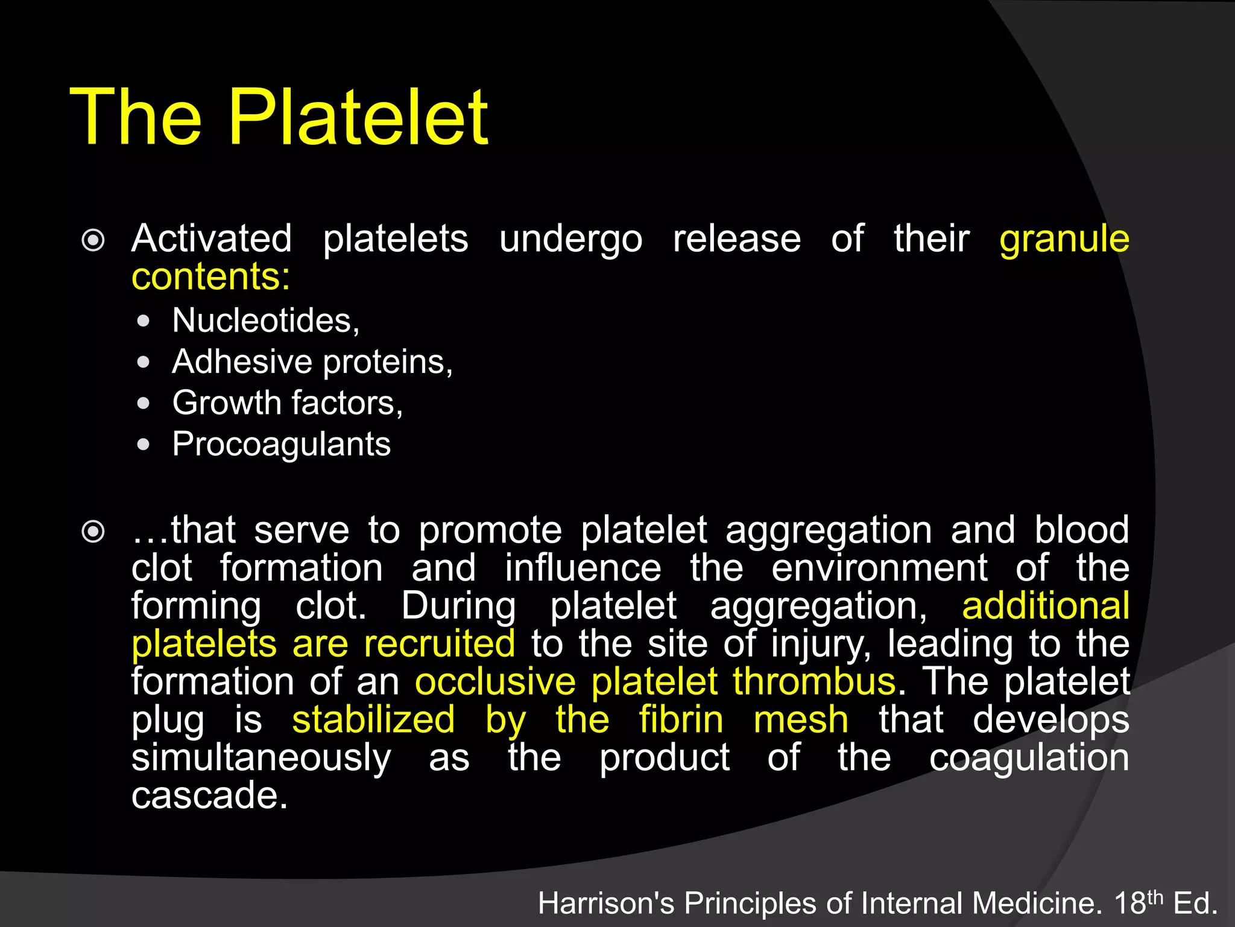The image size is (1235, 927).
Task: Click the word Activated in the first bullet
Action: point(212,238)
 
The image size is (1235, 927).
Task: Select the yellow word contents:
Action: point(210,276)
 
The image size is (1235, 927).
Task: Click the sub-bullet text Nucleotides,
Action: point(265,320)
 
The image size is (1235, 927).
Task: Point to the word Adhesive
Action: point(241,362)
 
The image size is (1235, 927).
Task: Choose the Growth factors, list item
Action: point(287,403)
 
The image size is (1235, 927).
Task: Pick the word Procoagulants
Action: point(281,445)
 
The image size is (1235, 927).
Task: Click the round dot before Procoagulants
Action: point(143,445)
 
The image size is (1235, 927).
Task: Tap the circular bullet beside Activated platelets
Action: point(93,241)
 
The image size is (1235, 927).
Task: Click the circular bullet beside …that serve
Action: point(93,532)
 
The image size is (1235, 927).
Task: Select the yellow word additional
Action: point(1045,606)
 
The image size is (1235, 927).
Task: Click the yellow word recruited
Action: point(439,644)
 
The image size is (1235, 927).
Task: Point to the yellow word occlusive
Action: point(495,682)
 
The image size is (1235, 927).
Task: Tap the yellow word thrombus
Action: point(814,682)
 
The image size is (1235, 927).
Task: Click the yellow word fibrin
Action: point(681,720)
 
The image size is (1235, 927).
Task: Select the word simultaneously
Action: point(261,759)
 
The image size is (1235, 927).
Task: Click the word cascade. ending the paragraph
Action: point(209,795)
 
